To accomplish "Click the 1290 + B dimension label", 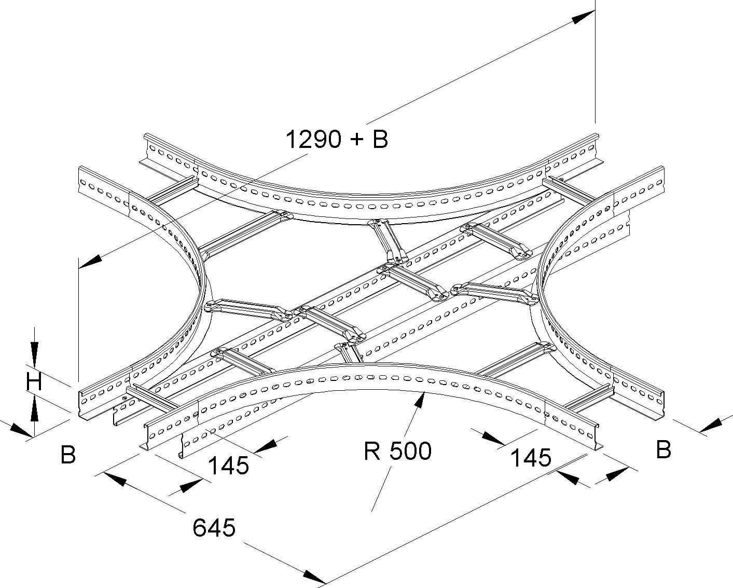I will pos(337,139).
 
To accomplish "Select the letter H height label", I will pos(34,382).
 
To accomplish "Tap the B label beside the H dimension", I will pos(68,455).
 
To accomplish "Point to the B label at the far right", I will pos(663,449).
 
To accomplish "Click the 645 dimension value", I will pos(214,528).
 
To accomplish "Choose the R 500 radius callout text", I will pos(397,451).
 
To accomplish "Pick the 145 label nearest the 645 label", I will pos(228,465).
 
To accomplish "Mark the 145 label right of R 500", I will pos(531,458).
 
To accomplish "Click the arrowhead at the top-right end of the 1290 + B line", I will pos(583,17).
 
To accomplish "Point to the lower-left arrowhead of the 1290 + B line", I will pos(90,262).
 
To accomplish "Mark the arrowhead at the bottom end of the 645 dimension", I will pos(314,577).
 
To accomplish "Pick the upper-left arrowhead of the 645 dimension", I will pos(115,478).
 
